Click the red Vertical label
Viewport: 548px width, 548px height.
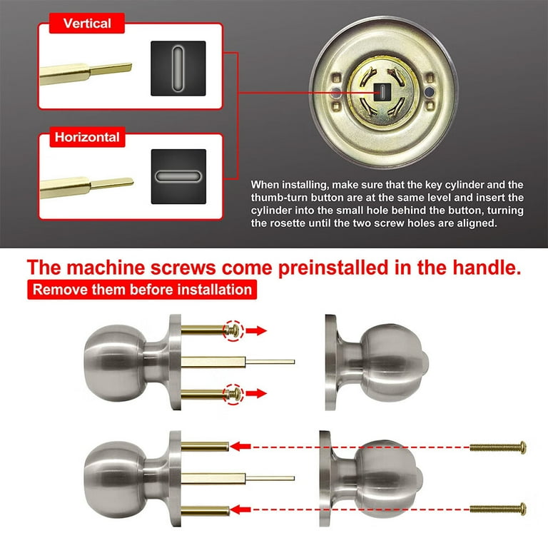[87, 24]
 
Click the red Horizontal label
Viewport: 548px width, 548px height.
[87, 137]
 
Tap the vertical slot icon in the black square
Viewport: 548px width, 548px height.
[178, 68]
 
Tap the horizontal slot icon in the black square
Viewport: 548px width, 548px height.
[178, 176]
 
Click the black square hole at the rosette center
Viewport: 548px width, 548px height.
[382, 92]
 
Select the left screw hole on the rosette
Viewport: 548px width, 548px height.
[336, 93]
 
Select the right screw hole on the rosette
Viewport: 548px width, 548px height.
[429, 92]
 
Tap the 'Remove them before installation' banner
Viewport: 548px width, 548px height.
[142, 290]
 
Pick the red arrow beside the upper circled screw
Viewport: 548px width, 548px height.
[256, 330]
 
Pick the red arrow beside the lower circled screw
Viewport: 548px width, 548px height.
[256, 394]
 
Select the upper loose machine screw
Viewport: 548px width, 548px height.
[497, 447]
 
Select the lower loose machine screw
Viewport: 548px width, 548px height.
[497, 509]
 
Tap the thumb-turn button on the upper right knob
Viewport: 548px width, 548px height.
[424, 362]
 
